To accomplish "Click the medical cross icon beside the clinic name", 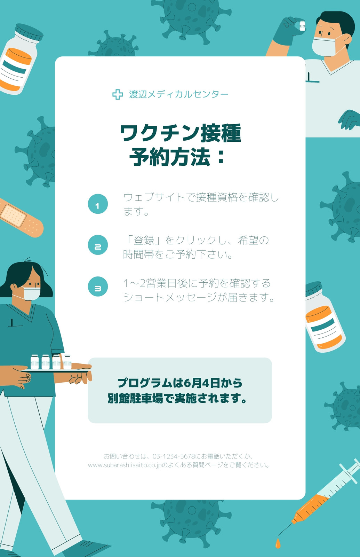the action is click(118, 94).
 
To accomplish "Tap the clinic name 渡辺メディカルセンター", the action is click(178, 94).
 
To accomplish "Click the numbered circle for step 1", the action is click(98, 204).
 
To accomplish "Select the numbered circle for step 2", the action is click(98, 245).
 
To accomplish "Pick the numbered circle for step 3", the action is click(98, 287).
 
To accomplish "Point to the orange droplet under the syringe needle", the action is click(278, 543).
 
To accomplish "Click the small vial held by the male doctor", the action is click(302, 26).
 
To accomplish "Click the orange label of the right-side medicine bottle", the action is click(324, 327).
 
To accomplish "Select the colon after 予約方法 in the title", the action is click(221, 157).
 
